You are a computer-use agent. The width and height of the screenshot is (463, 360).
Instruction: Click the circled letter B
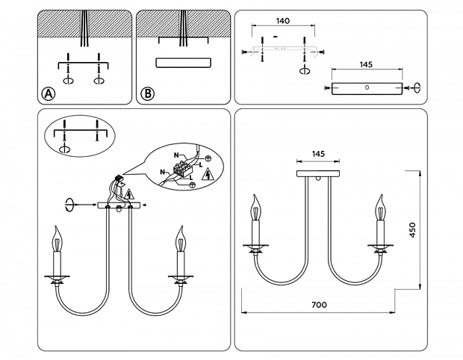point(147,93)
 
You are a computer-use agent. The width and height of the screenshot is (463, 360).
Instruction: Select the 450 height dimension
point(411,229)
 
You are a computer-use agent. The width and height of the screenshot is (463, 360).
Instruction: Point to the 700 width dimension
point(320,305)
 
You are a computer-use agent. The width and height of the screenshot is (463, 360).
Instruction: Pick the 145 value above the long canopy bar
point(365,65)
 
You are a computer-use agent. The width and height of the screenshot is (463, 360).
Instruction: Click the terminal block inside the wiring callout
point(183,171)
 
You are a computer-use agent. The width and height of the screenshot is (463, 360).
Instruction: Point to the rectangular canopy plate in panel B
point(181,63)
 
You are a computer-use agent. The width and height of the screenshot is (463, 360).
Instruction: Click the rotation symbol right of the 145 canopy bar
point(417,87)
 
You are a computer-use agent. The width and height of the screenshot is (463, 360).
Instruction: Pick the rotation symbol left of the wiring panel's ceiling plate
point(70,204)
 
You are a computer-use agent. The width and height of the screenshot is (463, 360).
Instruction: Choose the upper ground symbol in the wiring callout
point(208,158)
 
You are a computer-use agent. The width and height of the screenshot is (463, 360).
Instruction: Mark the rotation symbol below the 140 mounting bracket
point(304,70)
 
